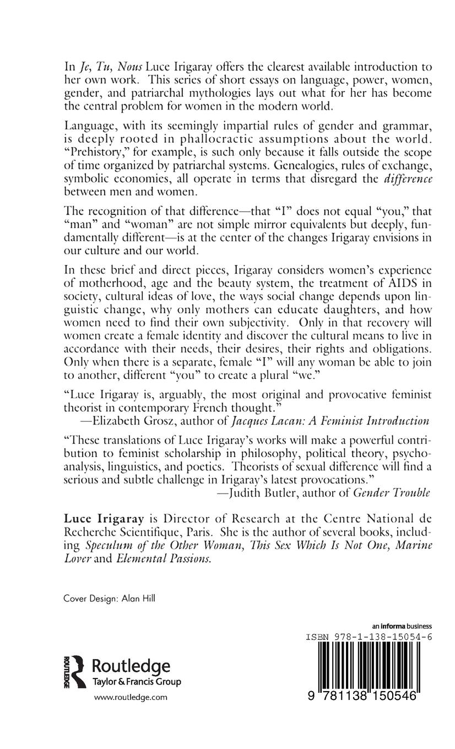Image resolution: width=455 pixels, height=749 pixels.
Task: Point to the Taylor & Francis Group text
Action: click(x=136, y=682)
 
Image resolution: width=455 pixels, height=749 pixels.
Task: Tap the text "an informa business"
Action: click(x=402, y=626)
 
